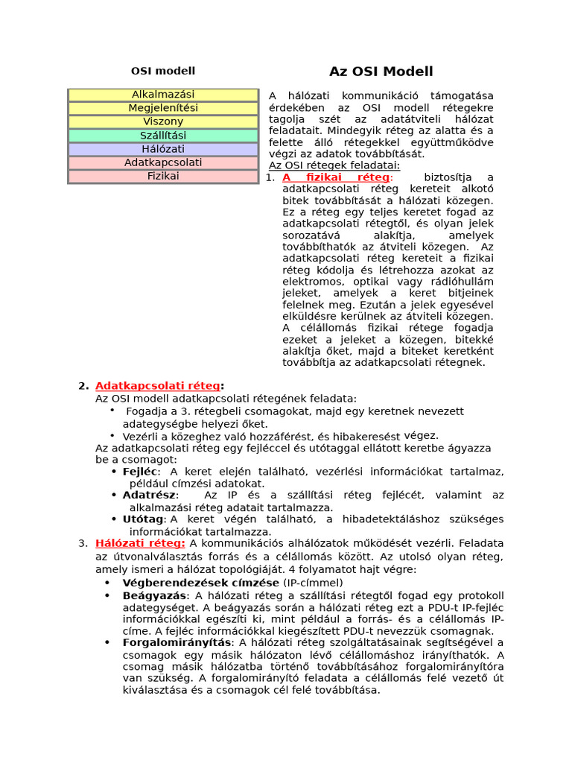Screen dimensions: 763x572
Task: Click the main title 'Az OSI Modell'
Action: [381, 72]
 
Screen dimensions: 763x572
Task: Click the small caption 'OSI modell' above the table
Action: [163, 71]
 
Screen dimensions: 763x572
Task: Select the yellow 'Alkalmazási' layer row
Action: [163, 95]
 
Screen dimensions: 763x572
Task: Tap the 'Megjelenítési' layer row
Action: [163, 108]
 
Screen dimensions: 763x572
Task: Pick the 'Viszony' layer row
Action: [163, 121]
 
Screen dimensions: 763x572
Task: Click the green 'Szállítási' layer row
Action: [163, 136]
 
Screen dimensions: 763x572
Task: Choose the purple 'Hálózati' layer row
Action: [163, 149]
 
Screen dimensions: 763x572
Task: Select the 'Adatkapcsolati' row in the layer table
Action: [163, 162]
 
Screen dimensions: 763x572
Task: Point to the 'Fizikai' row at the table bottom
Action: [163, 177]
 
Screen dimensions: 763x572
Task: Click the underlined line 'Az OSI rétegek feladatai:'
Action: [334, 165]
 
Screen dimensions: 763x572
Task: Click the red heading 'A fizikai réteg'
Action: [336, 177]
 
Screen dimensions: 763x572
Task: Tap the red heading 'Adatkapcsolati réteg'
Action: [157, 386]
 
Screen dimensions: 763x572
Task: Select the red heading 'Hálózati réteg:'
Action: [140, 543]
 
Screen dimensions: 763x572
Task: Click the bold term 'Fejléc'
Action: [140, 472]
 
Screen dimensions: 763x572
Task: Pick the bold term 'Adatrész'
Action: [149, 495]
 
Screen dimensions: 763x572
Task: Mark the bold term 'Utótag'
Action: [143, 519]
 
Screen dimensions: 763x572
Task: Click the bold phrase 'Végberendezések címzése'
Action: [200, 583]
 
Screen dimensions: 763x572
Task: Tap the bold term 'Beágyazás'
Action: [154, 595]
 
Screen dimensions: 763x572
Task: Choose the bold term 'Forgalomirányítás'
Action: [177, 642]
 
